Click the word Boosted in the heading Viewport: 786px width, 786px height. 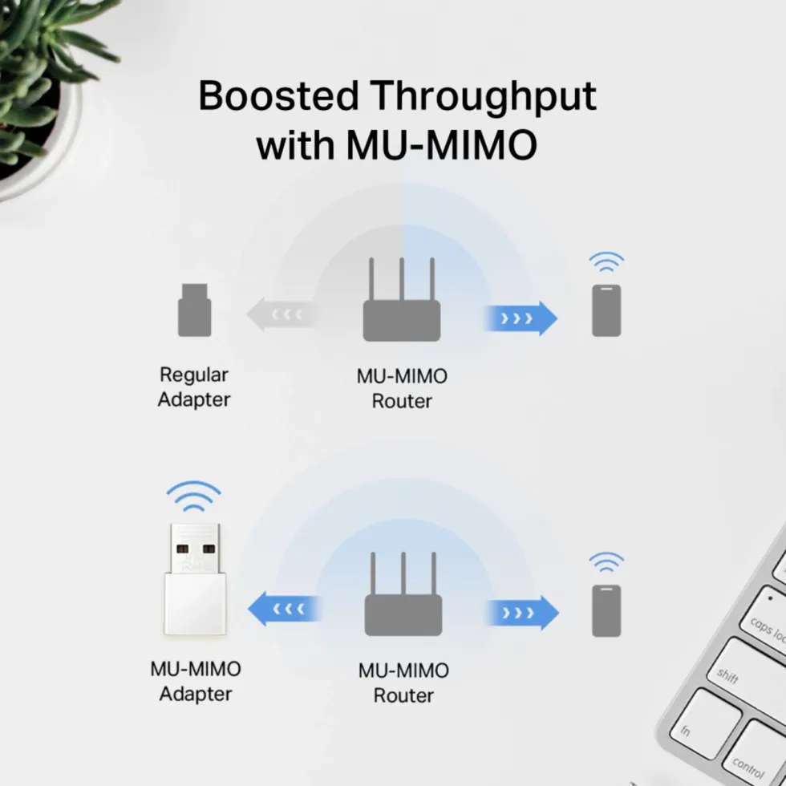pyautogui.click(x=279, y=95)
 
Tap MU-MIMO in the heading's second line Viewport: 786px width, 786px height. pyautogui.click(x=442, y=145)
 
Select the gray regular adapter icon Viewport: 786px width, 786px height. pyautogui.click(x=194, y=310)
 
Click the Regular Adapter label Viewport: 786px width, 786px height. pyautogui.click(x=194, y=387)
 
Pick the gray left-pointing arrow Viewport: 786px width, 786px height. pyautogui.click(x=281, y=314)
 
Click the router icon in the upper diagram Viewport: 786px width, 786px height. pyautogui.click(x=402, y=299)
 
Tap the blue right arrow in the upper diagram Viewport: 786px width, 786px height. pyautogui.click(x=521, y=318)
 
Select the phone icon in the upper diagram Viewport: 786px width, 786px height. pyautogui.click(x=606, y=310)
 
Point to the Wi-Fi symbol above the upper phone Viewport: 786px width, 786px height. pyautogui.click(x=606, y=261)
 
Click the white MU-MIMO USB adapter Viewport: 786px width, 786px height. pyautogui.click(x=195, y=579)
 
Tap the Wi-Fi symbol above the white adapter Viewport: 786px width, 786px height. pyautogui.click(x=193, y=496)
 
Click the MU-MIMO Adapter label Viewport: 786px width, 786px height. pyautogui.click(x=196, y=681)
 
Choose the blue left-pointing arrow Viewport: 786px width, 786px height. pyautogui.click(x=284, y=609)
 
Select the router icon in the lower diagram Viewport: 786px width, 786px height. pyautogui.click(x=403, y=594)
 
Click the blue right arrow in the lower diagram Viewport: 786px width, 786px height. pyautogui.click(x=522, y=613)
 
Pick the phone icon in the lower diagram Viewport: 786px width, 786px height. pyautogui.click(x=606, y=610)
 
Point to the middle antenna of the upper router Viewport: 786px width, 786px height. pyautogui.click(x=402, y=279)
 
